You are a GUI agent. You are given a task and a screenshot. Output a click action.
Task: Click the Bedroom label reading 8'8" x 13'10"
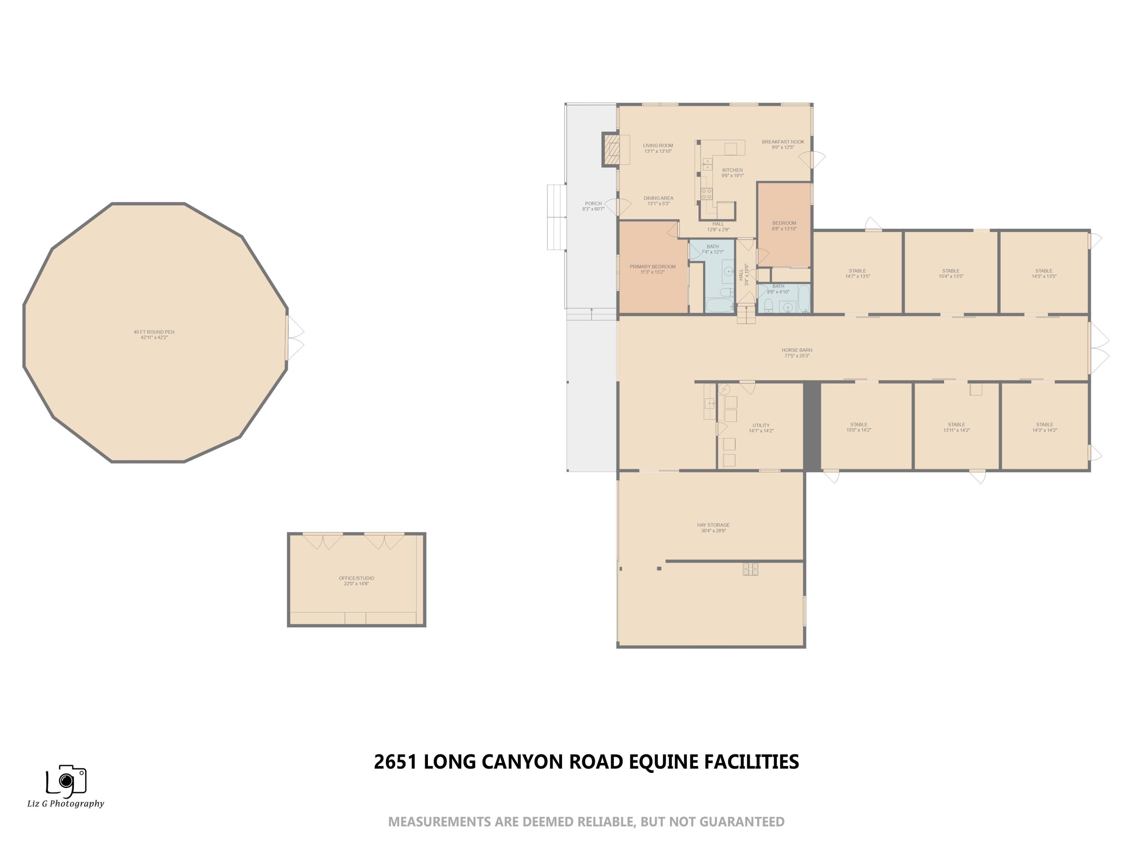click(x=784, y=226)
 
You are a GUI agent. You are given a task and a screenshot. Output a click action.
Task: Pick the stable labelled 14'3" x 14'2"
click(x=1044, y=427)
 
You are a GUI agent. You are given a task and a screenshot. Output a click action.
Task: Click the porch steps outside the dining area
click(x=556, y=217)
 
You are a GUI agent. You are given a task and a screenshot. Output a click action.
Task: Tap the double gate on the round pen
click(x=295, y=337)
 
